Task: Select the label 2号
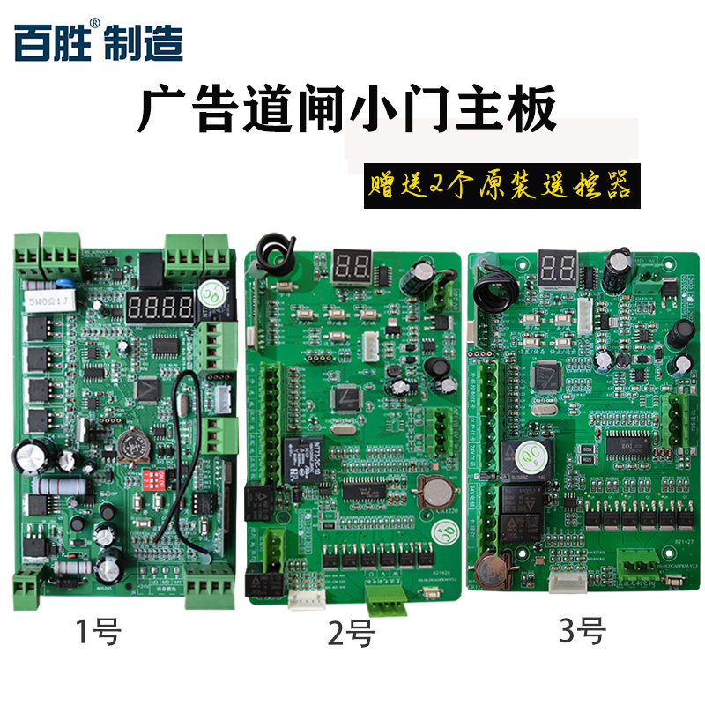349,634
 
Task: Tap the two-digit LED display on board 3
560,265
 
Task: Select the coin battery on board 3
487,569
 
